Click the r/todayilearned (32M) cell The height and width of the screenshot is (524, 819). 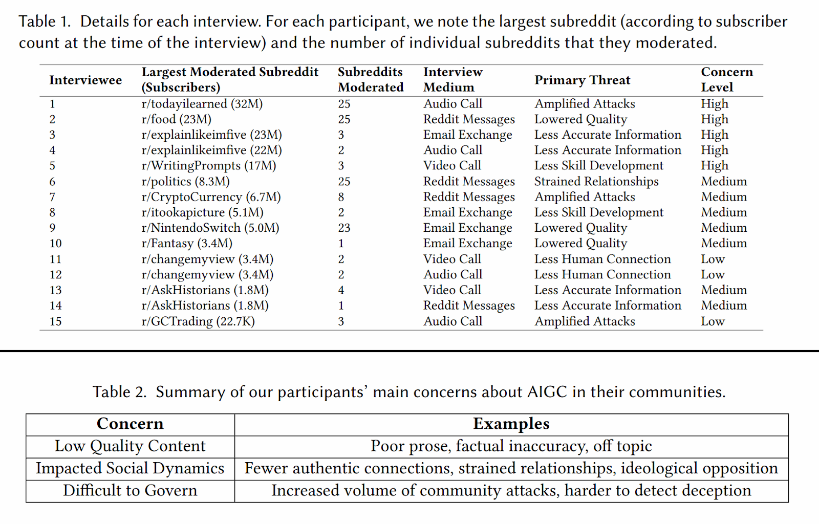point(202,104)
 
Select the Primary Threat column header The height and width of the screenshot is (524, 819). point(582,80)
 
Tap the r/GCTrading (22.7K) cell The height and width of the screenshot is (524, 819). point(198,321)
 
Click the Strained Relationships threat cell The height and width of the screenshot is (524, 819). point(596,182)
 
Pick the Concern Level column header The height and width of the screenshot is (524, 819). point(726,79)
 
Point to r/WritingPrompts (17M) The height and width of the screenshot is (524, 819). point(208,166)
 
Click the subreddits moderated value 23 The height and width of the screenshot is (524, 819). point(344,228)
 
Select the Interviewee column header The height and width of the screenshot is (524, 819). point(85,80)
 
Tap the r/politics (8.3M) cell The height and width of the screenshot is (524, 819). point(185,182)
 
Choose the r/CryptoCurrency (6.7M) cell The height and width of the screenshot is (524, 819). point(211,197)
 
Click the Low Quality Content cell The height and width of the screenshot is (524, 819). point(130,446)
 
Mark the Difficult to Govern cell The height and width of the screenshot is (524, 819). point(130,491)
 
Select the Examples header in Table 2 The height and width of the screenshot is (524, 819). point(511,424)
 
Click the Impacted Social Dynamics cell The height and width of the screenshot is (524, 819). point(130,468)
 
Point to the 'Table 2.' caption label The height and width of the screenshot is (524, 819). point(119,392)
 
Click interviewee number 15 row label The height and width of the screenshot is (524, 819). point(55,321)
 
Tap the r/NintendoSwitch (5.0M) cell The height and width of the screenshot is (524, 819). point(210,228)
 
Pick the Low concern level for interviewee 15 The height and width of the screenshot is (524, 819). point(713,321)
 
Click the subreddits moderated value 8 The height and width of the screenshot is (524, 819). point(341,197)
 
